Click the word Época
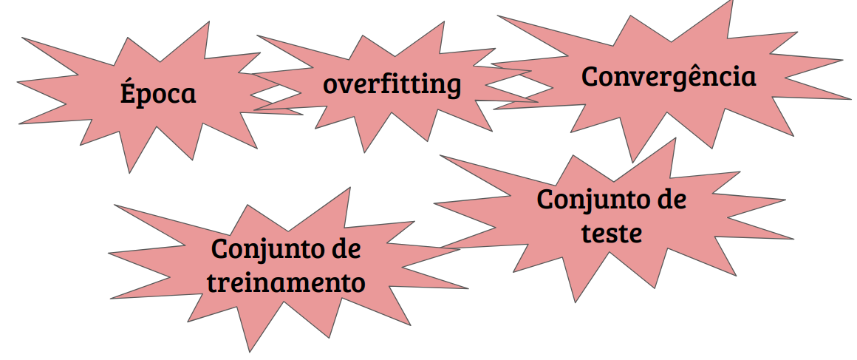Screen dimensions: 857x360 (158, 94)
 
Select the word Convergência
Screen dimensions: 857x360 (669, 76)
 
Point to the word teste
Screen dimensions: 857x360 (611, 233)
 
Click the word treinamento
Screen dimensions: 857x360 (286, 282)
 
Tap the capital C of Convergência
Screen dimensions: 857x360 (590, 76)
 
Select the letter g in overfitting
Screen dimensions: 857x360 (452, 86)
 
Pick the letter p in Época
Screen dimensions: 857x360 (146, 98)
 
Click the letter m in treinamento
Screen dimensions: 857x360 (313, 283)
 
